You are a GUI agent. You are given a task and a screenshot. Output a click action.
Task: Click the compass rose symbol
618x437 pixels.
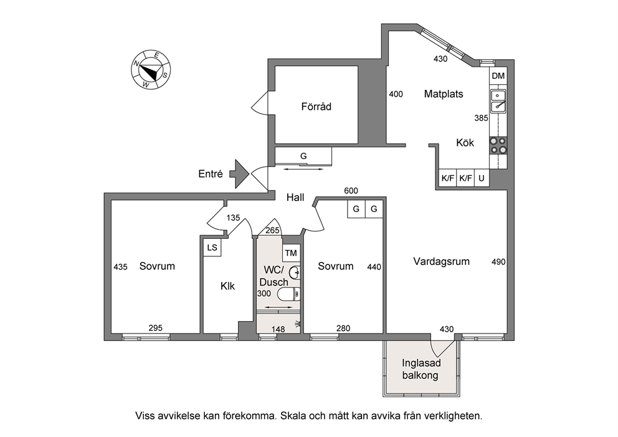pyautogui.click(x=151, y=70)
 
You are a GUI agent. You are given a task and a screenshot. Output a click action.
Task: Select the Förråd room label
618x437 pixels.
pyautogui.click(x=316, y=107)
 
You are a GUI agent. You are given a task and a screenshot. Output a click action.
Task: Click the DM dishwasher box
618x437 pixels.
pyautogui.click(x=498, y=75)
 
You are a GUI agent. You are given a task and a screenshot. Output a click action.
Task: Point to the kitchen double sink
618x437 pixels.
pyautogui.click(x=498, y=101)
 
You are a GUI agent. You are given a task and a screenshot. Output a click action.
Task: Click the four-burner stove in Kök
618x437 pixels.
pyautogui.click(x=498, y=145)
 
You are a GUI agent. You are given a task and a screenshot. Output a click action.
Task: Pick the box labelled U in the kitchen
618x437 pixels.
pyautogui.click(x=481, y=178)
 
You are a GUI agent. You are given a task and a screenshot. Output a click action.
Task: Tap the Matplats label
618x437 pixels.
pyautogui.click(x=444, y=94)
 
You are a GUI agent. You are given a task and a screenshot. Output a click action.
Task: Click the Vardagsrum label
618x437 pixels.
pyautogui.click(x=442, y=261)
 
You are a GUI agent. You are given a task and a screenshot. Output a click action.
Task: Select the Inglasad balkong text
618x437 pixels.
pyautogui.click(x=421, y=369)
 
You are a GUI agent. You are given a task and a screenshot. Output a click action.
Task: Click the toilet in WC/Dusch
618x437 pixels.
pyautogui.click(x=289, y=294)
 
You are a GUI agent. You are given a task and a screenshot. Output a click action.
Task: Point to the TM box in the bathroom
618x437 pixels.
pyautogui.click(x=291, y=253)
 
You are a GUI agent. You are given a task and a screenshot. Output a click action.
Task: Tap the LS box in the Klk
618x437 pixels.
pyautogui.click(x=212, y=247)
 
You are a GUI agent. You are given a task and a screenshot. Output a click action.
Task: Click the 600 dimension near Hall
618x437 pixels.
pyautogui.click(x=351, y=191)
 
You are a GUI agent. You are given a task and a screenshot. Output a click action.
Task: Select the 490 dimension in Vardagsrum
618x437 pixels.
pyautogui.click(x=498, y=261)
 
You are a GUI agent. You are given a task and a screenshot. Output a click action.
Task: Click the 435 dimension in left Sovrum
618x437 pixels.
pyautogui.click(x=120, y=267)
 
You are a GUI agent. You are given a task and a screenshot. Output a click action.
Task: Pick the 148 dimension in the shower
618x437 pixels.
pyautogui.click(x=278, y=329)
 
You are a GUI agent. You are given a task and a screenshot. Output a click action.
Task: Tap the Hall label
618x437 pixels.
pyautogui.click(x=295, y=197)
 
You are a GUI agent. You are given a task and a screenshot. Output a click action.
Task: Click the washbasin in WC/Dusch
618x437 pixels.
pyautogui.click(x=295, y=272)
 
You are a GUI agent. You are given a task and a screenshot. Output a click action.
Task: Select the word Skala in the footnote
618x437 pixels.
pyautogui.click(x=292, y=416)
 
